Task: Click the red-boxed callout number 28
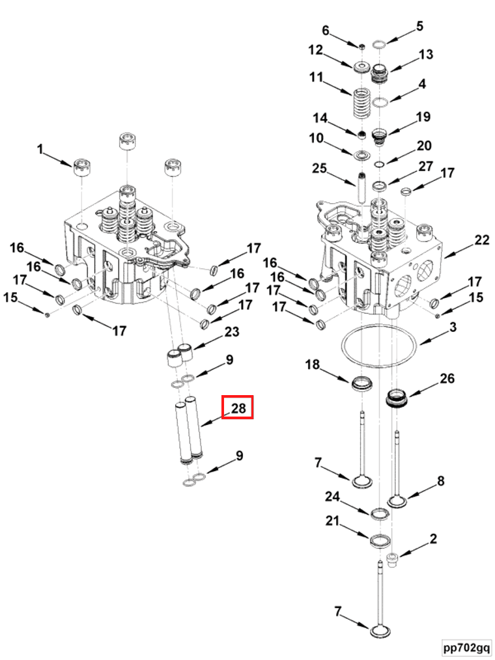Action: [x=237, y=408]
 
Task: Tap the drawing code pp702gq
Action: [x=466, y=648]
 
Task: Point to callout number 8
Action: [x=440, y=482]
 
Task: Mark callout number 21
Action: [x=333, y=521]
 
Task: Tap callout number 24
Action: [x=333, y=497]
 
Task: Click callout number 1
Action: [x=40, y=150]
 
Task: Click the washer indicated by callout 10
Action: [x=361, y=156]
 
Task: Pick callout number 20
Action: [x=424, y=145]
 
